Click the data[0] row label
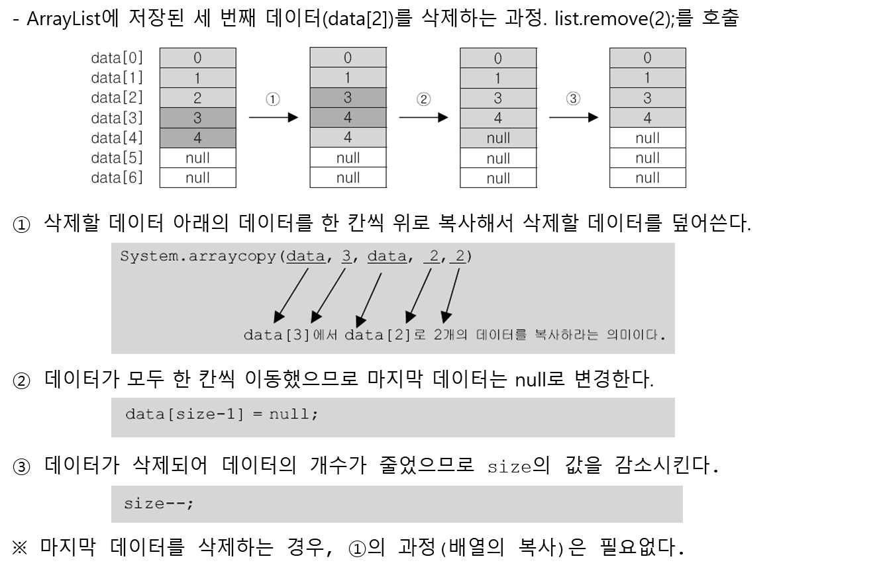(x=117, y=58)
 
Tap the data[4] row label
(x=117, y=138)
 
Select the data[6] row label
(x=117, y=177)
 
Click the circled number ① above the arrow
(x=273, y=99)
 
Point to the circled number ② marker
(x=423, y=99)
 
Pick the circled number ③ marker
(x=573, y=99)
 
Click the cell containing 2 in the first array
(x=197, y=98)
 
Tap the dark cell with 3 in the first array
(x=197, y=118)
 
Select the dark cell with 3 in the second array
(x=348, y=98)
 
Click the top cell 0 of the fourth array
(x=647, y=58)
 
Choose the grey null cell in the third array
(x=498, y=138)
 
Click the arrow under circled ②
(x=423, y=118)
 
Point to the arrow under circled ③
(x=573, y=118)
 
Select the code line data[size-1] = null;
(x=222, y=415)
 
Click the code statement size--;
(x=159, y=504)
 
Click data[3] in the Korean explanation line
(x=276, y=335)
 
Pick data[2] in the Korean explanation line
(x=378, y=335)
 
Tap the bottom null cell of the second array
(x=348, y=177)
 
